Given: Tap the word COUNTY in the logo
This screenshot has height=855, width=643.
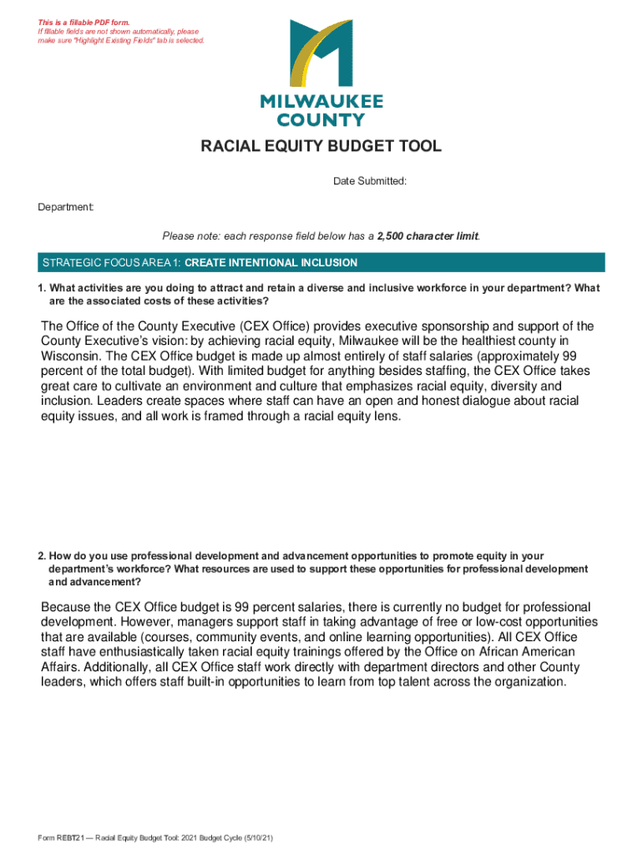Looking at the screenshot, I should (x=321, y=119).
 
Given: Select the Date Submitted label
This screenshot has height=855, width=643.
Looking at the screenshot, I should (x=370, y=181).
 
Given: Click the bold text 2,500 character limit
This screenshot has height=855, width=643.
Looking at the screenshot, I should (x=428, y=236).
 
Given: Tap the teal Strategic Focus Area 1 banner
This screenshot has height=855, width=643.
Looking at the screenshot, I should (x=321, y=263).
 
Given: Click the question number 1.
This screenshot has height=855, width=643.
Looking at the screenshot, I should (x=40, y=288).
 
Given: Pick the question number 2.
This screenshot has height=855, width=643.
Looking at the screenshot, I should (x=40, y=555).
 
